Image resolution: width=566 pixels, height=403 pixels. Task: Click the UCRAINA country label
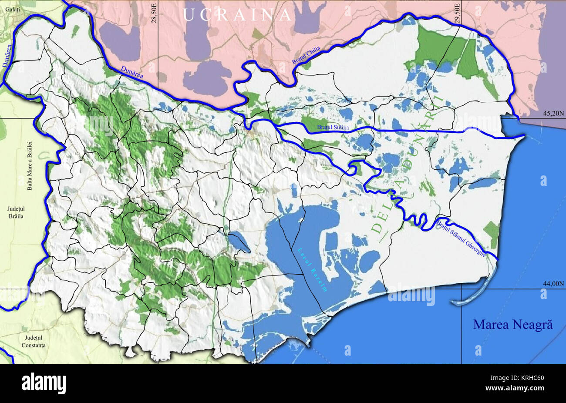coord(237,15)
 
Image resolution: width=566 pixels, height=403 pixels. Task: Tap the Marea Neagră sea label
coord(512,324)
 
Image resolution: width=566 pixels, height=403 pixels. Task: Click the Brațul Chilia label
coord(306,57)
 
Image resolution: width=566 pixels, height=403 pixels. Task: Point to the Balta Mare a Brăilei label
coord(30,165)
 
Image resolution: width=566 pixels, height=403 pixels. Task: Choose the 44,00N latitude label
coord(553,283)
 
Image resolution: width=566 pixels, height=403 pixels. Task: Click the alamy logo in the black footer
coord(44,383)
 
